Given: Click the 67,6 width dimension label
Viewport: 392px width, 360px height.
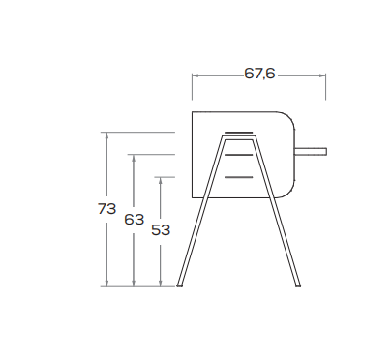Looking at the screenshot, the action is click(259, 74).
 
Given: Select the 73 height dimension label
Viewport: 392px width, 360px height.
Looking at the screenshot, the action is click(106, 209).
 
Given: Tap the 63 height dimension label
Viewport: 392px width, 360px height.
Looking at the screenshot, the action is click(134, 220).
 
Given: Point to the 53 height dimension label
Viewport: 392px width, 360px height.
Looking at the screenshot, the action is click(161, 230).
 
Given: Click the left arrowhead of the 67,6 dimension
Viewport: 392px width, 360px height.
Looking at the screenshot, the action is click(195, 75).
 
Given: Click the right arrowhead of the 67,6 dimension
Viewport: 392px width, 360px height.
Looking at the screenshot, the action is click(323, 75).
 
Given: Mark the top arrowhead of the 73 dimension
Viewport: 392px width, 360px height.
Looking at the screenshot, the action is click(107, 135).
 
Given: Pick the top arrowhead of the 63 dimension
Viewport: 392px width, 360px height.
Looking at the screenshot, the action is click(134, 157).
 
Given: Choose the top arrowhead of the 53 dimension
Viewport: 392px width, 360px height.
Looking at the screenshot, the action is click(161, 180).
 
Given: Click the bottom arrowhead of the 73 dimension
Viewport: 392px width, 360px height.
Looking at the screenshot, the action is click(107, 284).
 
